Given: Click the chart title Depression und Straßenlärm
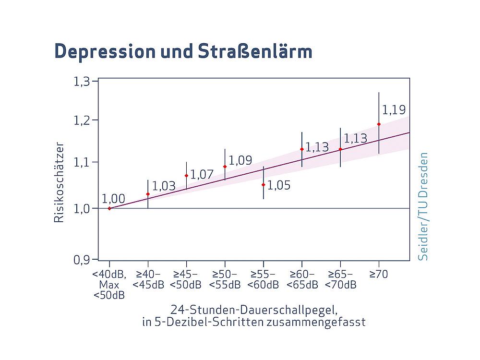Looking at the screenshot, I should click(183, 51).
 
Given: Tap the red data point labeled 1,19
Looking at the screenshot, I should click(379, 124).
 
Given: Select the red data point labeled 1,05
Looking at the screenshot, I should click(264, 185).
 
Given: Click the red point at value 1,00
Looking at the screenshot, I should click(109, 208).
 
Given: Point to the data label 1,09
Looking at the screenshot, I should click(240, 160).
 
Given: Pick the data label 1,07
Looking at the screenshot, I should click(202, 175).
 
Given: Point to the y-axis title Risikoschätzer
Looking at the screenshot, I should click(58, 182).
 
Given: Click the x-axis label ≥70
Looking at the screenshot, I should click(379, 274).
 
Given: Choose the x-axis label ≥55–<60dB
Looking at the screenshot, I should click(263, 279).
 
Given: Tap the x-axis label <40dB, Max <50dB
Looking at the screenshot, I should click(109, 285).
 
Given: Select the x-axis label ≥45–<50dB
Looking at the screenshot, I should click(186, 279).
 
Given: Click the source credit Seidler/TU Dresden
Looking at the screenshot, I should click(423, 206).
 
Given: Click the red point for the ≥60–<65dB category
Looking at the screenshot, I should click(302, 149).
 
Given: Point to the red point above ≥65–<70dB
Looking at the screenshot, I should click(340, 149).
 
